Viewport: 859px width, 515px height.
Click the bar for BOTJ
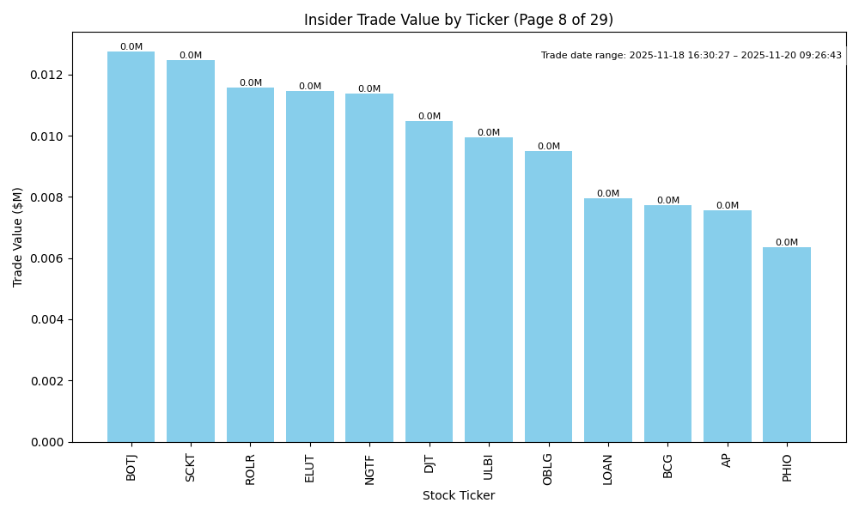coord(131,247)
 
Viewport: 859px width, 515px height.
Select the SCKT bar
coord(191,251)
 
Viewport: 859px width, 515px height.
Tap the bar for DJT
coord(429,282)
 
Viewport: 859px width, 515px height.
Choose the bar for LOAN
coord(607,320)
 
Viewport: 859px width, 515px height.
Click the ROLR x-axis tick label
coord(250,469)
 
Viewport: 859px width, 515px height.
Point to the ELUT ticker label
coord(310,469)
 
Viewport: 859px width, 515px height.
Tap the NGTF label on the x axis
coord(369,470)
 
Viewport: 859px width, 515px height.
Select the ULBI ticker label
coord(489,468)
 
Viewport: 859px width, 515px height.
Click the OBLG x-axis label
coord(548,470)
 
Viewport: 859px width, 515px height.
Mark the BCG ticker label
coord(667,466)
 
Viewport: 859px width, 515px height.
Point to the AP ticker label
coord(727,460)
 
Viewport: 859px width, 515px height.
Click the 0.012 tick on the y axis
coord(48,76)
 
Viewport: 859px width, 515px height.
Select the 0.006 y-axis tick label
coord(48,259)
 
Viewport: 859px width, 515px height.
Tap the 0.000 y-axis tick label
coord(48,442)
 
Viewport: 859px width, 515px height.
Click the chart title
coord(459,20)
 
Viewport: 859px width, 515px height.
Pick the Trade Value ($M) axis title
coord(18,237)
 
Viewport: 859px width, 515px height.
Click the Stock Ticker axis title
coord(459,495)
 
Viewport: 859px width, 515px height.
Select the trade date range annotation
coord(691,56)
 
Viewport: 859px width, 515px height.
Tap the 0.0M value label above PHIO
coord(786,243)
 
